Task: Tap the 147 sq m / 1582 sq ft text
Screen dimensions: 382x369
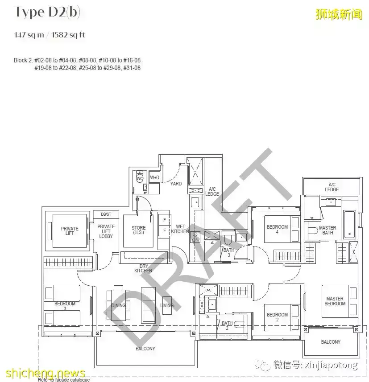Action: tap(50, 35)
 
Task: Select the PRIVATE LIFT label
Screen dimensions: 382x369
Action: tap(70, 231)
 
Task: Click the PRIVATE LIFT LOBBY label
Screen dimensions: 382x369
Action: tap(106, 231)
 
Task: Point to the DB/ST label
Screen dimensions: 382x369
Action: tap(106, 214)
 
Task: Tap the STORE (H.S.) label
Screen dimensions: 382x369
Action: tap(138, 230)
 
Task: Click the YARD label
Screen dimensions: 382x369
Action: tap(176, 184)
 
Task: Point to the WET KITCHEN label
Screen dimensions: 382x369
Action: tap(180, 229)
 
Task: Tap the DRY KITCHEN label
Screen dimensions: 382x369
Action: tap(143, 268)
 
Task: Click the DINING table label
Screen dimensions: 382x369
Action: tap(118, 305)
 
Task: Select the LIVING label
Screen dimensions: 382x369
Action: tap(167, 305)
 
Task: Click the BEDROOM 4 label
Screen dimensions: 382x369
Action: tap(277, 229)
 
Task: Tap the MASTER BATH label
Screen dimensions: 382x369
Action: tap(328, 230)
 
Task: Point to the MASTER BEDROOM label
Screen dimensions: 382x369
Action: tap(335, 301)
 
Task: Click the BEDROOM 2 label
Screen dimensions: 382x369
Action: tap(277, 317)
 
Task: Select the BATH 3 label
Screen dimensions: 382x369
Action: tap(228, 253)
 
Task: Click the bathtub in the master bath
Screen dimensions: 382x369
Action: tap(349, 225)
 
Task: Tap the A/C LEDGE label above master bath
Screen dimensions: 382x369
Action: tap(332, 187)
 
